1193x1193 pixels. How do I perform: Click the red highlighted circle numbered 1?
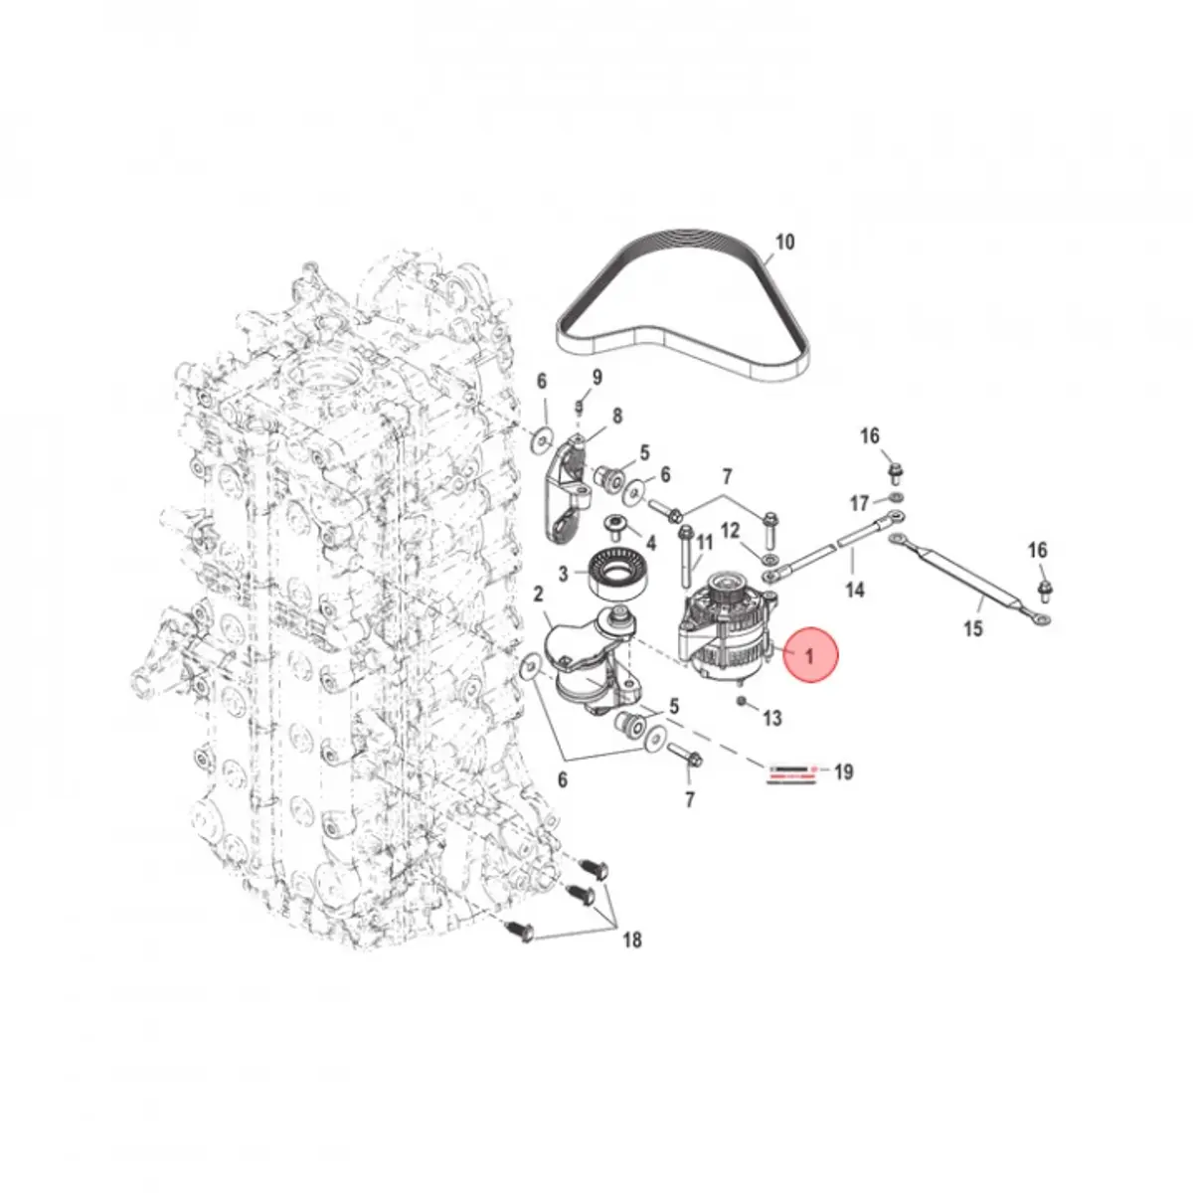(809, 655)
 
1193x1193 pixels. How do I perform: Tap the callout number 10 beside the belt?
(784, 242)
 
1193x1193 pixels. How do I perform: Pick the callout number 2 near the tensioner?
(538, 595)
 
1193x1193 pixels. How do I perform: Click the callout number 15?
(972, 628)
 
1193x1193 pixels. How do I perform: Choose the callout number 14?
(854, 590)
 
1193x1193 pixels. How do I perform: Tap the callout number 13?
(772, 718)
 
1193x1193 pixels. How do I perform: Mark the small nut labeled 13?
(742, 702)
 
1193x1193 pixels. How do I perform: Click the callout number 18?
(631, 939)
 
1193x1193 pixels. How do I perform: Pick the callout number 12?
(730, 530)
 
